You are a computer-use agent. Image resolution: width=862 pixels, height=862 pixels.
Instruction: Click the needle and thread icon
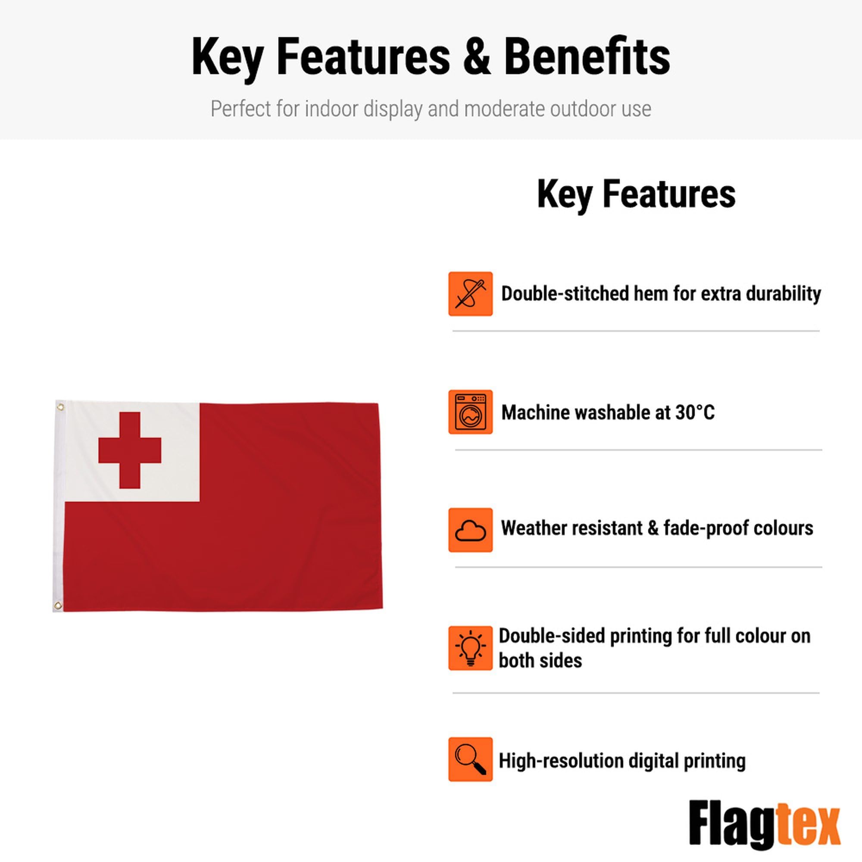[x=470, y=294]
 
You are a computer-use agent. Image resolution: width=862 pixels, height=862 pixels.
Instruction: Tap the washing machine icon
[x=470, y=412]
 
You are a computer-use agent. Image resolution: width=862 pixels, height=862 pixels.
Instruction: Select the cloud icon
[x=470, y=530]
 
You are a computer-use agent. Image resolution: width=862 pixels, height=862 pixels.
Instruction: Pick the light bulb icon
[x=470, y=648]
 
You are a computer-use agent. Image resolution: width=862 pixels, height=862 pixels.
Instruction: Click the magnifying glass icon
[x=470, y=759]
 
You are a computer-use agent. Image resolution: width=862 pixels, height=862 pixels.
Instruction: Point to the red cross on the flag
[x=129, y=450]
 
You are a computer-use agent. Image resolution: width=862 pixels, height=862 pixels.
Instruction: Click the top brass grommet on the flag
[x=60, y=407]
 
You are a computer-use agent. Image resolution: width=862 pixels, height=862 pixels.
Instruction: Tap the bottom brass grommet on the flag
[x=58, y=606]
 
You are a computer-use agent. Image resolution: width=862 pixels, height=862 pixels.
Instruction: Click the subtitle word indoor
[x=331, y=109]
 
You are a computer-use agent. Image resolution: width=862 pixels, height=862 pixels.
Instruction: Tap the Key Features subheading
[x=636, y=194]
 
